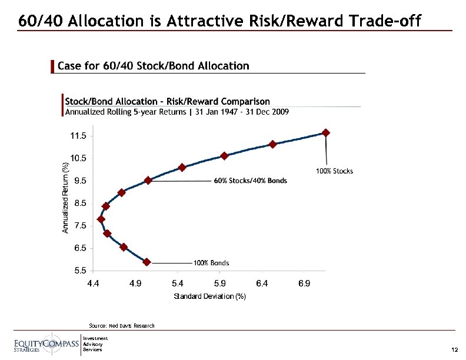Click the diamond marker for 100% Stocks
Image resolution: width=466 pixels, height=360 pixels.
click(326, 133)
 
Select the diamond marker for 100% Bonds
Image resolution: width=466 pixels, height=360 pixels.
click(147, 262)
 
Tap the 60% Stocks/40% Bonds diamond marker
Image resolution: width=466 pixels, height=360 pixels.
click(148, 181)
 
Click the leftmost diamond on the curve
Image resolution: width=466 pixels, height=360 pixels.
click(101, 219)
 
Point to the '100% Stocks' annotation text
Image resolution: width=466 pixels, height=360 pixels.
click(335, 171)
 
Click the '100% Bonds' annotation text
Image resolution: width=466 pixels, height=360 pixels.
click(211, 262)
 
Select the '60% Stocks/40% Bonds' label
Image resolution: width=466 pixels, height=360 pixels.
click(250, 181)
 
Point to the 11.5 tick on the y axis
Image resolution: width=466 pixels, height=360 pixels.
click(78, 136)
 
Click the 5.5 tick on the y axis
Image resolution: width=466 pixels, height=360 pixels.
click(80, 271)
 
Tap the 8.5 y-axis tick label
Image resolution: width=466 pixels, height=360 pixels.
click(80, 203)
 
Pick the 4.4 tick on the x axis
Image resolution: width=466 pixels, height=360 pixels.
click(94, 284)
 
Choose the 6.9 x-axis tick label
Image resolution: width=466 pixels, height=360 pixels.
click(304, 284)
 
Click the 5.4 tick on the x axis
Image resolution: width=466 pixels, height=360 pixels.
click(178, 284)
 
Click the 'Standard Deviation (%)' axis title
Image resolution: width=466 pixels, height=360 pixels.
click(209, 296)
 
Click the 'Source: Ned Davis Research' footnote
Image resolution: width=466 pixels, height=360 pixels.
click(121, 325)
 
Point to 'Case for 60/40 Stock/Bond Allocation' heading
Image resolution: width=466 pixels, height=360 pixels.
click(153, 66)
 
